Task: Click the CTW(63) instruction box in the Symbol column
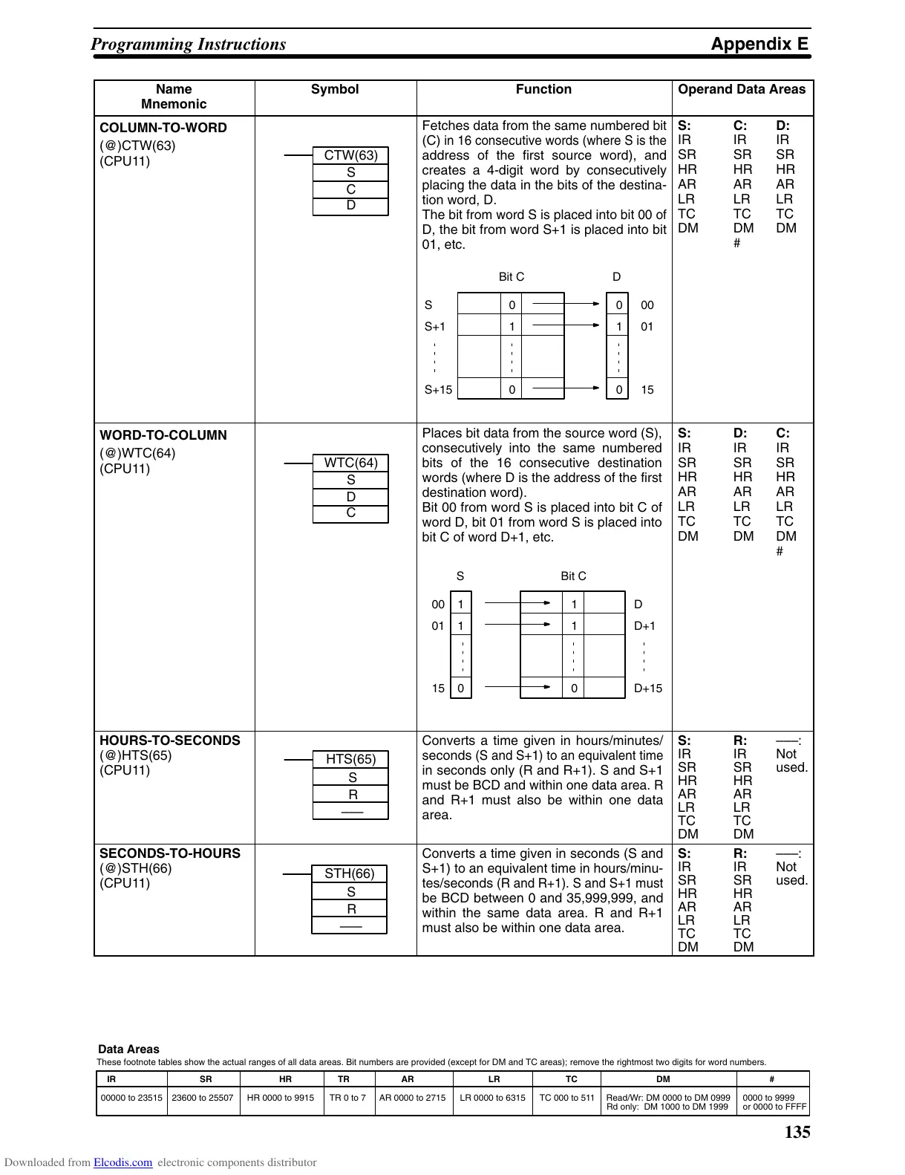350,155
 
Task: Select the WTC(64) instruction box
350,463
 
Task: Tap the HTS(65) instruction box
350,759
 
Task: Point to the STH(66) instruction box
350,873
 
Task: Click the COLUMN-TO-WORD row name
163,128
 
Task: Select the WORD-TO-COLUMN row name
163,435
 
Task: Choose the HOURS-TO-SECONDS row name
170,741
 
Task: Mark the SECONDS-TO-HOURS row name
170,853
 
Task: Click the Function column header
543,90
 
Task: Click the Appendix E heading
759,44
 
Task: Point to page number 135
797,1133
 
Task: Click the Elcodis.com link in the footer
122,1163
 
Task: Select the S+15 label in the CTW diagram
438,390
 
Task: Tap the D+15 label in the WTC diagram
648,689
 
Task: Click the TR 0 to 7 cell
347,1098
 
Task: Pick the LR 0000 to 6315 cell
492,1098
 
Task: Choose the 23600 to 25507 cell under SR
203,1098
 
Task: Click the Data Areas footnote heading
128,1049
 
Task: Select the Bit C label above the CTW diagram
511,277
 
